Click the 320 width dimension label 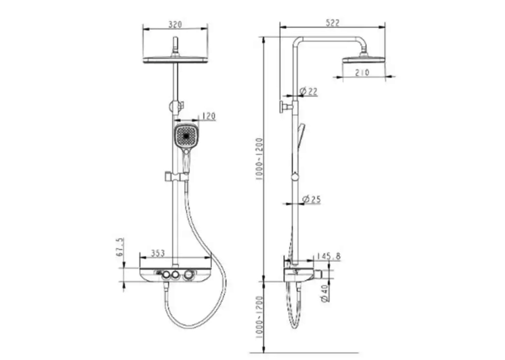coord(175,24)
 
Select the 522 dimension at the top coord(332,23)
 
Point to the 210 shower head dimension coord(362,73)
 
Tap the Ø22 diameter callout coord(308,92)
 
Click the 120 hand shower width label coord(209,116)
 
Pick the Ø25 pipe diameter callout coord(312,199)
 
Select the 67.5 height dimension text coord(119,247)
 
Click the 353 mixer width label coord(158,253)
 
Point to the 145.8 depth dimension coord(328,256)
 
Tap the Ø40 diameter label coord(325,293)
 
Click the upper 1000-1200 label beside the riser coord(259,159)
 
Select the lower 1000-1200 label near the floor coord(259,317)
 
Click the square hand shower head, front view coord(186,135)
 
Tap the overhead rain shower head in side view coord(364,58)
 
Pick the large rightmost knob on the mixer coord(188,276)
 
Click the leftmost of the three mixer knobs coord(166,275)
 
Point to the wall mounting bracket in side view coord(286,106)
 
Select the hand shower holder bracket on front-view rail coord(176,176)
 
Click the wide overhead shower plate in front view coord(176,60)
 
